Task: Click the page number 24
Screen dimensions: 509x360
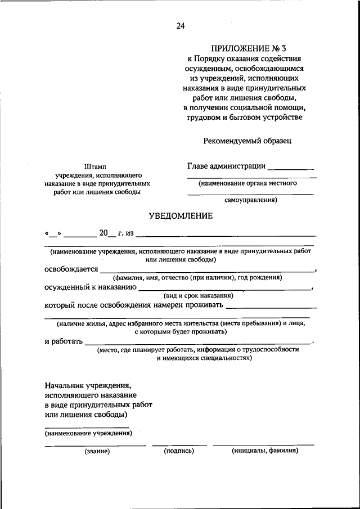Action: tap(179, 26)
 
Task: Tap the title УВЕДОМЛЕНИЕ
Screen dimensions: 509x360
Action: tap(181, 215)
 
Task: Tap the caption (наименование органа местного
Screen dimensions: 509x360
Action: tap(247, 183)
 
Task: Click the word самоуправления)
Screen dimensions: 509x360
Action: tap(250, 199)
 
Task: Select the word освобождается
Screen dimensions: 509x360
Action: tap(71, 269)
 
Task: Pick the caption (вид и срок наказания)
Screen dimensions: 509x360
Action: tap(198, 295)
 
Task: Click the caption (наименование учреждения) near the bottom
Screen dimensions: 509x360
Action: tap(87, 433)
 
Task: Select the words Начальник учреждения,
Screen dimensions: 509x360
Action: tap(88, 386)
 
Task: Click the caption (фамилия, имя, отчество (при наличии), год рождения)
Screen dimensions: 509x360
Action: tap(197, 277)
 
